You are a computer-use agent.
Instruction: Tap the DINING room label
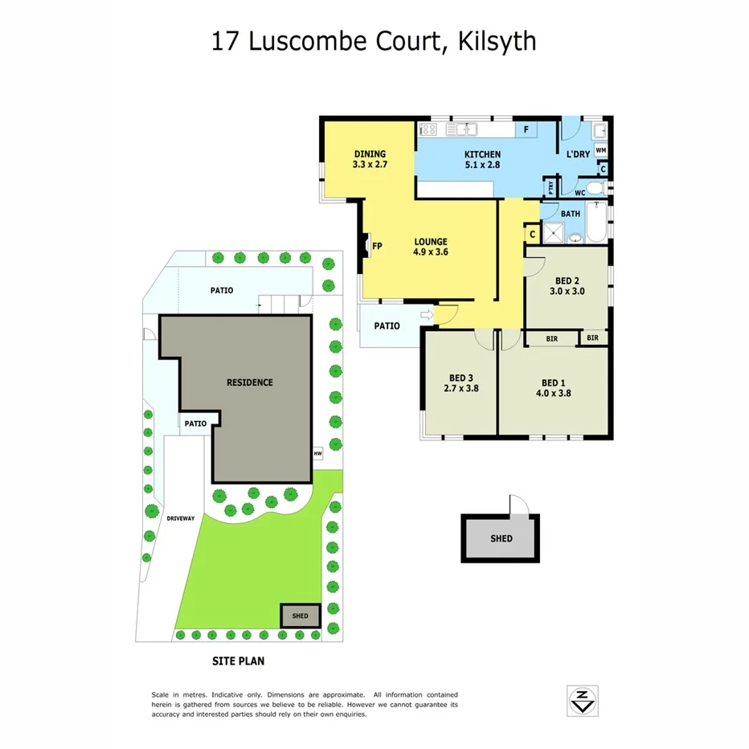tap(370, 154)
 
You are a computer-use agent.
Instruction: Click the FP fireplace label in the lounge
tap(376, 246)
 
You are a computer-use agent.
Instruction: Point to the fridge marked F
tap(526, 129)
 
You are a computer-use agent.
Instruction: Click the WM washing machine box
tap(600, 150)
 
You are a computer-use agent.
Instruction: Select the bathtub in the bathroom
tap(598, 224)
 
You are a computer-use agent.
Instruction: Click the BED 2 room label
tap(567, 281)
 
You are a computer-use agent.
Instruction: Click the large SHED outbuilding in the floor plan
tap(501, 538)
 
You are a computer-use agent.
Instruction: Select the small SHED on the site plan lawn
tap(300, 616)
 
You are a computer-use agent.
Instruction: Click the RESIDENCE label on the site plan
tap(249, 383)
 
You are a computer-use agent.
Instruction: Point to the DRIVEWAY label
tap(181, 518)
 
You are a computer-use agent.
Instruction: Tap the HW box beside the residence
tap(318, 452)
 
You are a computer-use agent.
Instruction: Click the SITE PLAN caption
tap(238, 661)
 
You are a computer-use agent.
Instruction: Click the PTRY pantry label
tap(550, 188)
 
